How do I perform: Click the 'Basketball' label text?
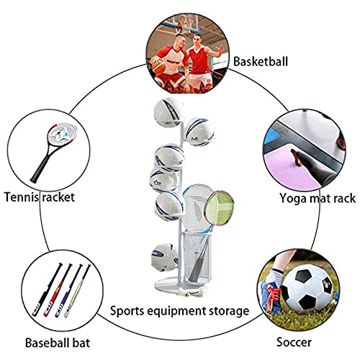coord(261,61)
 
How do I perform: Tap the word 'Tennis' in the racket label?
coord(22,197)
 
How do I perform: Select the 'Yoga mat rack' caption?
coord(318,199)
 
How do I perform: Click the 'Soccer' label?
coord(294,342)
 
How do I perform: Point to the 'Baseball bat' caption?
coord(58,343)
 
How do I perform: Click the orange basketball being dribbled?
coord(158,66)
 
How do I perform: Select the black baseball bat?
coord(48,289)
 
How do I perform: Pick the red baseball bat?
coord(58,290)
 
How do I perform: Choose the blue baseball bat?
coord(69,291)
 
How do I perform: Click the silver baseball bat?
coord(78,291)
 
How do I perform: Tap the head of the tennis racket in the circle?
coord(63,133)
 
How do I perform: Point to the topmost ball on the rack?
coord(168,112)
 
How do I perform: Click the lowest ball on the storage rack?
coord(165,257)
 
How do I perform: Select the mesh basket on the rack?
coord(197,256)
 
